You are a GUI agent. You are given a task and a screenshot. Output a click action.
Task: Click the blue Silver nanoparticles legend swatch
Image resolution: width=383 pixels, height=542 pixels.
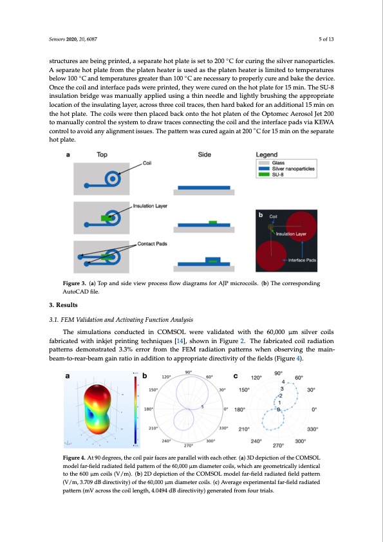pos(264,169)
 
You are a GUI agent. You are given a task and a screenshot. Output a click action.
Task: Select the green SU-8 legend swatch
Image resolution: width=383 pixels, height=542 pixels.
pos(264,174)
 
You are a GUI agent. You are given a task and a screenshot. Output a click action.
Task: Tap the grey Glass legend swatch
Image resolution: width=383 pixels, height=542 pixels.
pos(264,163)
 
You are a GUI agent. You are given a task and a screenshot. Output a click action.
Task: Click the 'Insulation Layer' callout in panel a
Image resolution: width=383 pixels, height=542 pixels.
pos(150,206)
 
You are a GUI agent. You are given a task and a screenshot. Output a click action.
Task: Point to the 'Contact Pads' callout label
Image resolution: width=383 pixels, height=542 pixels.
pos(152,244)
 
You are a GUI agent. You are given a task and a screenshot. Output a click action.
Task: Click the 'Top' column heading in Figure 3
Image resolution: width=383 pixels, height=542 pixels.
pos(102,154)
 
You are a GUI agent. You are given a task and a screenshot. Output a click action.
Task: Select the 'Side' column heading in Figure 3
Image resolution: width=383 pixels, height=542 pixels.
pos(204,154)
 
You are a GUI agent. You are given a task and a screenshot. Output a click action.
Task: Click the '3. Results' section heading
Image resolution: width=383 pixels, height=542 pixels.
pos(63,305)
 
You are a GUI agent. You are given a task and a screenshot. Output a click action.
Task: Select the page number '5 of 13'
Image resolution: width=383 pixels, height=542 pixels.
pos(326,39)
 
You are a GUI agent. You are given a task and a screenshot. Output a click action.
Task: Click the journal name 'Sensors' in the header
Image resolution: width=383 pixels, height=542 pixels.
pos(57,39)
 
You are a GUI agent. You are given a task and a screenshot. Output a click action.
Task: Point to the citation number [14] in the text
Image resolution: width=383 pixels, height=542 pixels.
pos(180,341)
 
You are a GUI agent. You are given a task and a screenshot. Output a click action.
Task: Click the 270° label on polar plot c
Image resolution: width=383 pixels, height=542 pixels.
pos(278,445)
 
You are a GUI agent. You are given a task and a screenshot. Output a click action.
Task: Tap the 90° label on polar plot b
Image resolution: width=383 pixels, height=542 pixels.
pos(189,372)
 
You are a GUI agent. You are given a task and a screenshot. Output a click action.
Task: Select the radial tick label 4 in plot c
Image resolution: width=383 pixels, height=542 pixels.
pos(283,382)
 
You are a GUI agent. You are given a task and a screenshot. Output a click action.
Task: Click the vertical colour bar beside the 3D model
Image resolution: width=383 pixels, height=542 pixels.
pos(136,409)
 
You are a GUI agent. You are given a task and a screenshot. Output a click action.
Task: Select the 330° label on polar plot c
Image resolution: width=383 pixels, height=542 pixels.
pos(312,429)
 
